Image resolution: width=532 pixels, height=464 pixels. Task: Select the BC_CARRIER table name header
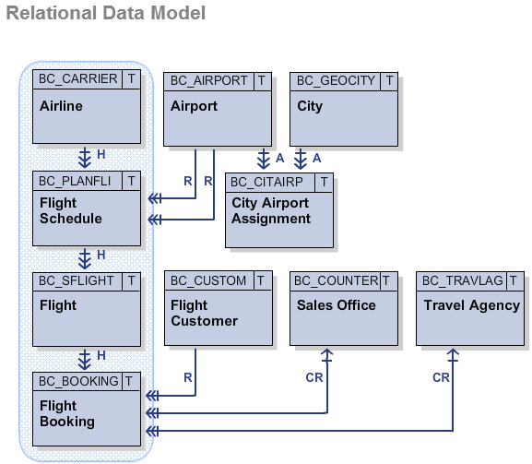(78, 79)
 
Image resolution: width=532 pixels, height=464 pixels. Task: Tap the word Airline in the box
(61, 106)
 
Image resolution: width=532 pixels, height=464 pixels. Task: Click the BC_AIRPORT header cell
(208, 80)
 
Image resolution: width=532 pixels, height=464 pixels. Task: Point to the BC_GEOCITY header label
(336, 80)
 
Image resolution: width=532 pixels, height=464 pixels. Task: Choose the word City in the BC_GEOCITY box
(310, 106)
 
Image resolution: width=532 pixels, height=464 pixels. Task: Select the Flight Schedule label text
(71, 211)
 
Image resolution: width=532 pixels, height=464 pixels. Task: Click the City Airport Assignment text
(271, 211)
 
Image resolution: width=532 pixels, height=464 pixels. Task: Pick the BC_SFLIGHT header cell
(77, 280)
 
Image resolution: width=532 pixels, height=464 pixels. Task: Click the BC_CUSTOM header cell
(208, 280)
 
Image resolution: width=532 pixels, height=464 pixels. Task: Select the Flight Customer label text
(204, 313)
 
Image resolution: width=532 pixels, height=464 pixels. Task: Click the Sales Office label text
(336, 305)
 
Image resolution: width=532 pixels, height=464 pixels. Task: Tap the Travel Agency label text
(471, 305)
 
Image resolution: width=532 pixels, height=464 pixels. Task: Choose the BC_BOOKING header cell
(78, 380)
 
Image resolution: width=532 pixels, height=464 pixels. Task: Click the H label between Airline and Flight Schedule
(101, 153)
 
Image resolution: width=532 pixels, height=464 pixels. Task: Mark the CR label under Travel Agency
(441, 377)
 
